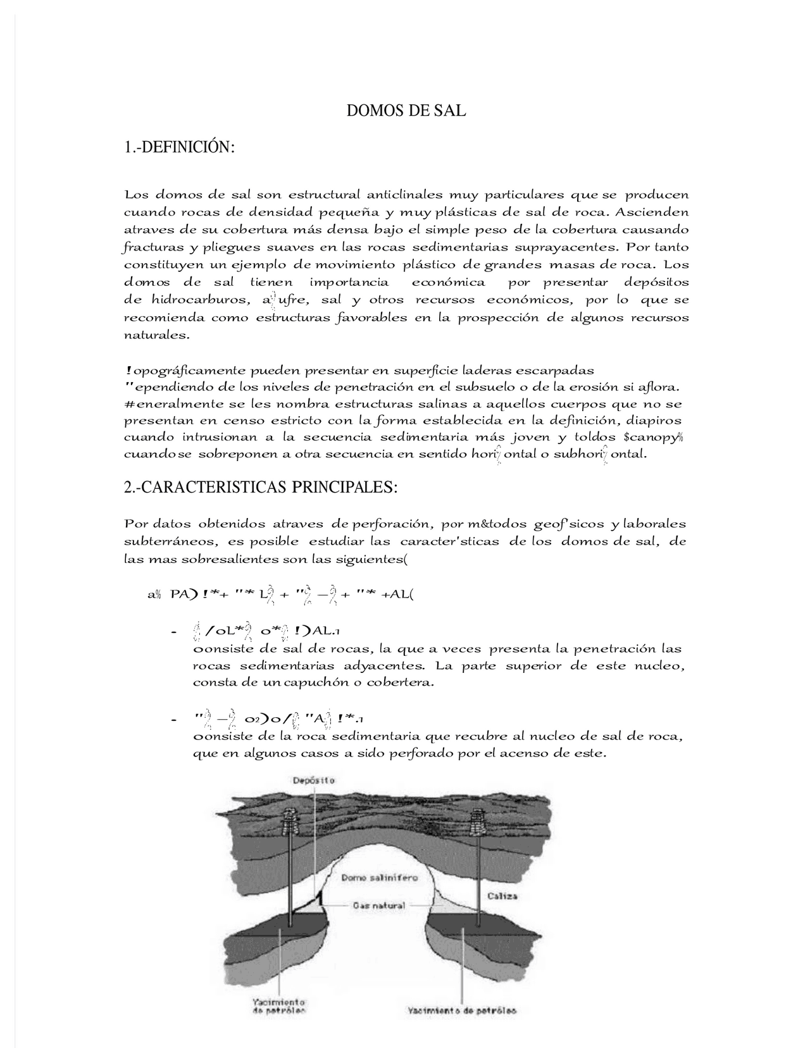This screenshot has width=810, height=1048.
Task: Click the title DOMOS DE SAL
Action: (x=406, y=111)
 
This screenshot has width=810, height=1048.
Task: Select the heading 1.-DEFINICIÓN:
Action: (x=180, y=147)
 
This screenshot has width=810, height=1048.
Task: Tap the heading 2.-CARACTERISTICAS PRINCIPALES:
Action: (x=261, y=488)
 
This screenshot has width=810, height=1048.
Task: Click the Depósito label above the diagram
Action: (x=313, y=780)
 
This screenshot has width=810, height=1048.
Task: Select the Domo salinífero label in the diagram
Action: (x=379, y=877)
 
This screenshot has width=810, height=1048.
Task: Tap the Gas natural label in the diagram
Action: (x=379, y=905)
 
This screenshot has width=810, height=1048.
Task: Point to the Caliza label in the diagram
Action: (x=502, y=896)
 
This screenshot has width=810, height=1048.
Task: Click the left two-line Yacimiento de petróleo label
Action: (x=279, y=1006)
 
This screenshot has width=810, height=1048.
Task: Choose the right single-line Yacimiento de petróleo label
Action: (x=461, y=1010)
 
